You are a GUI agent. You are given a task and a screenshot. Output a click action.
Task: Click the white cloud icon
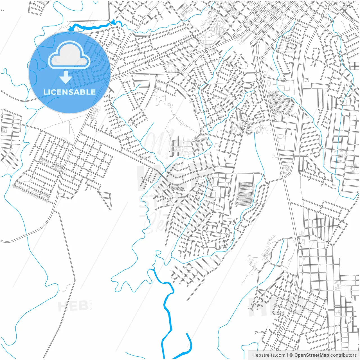point(69,55)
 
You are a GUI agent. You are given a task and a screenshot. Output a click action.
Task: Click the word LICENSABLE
point(69,92)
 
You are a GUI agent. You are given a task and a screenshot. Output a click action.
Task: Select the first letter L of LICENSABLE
point(45,92)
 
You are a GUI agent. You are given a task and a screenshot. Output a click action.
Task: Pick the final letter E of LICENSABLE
point(93,92)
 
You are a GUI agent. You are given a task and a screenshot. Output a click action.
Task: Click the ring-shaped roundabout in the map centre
point(202,133)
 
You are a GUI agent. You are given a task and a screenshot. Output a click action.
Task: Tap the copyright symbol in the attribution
point(291,355)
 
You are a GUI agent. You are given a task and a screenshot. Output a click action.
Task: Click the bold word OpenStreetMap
point(311,355)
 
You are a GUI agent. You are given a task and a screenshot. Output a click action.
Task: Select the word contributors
point(343,355)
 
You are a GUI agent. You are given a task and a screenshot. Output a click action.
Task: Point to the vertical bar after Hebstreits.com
point(287,355)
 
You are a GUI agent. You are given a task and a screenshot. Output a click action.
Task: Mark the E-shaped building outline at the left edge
point(4,130)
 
